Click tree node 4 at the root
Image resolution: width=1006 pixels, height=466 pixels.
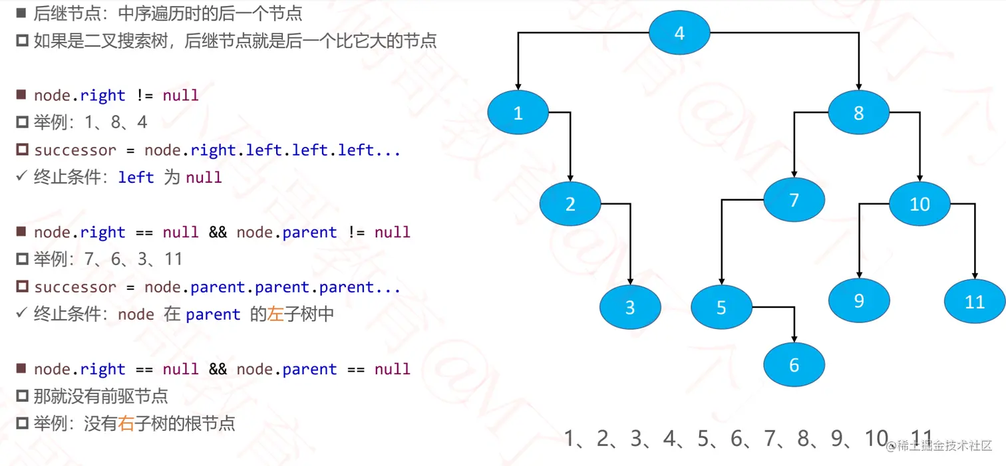(x=679, y=33)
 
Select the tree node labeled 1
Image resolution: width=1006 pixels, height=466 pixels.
(x=518, y=113)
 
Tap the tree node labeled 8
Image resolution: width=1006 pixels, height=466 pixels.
(x=858, y=112)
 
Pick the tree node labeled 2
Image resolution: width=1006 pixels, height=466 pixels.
(x=570, y=203)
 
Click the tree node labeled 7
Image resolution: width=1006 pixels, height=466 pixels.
(x=794, y=199)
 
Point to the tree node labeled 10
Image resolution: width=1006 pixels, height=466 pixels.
(x=920, y=203)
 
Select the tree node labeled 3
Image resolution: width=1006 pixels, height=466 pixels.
(x=629, y=307)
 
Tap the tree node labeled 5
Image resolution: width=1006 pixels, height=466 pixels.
(x=721, y=307)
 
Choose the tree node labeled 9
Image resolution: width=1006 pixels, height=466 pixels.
(x=858, y=300)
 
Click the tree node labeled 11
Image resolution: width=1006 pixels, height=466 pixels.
(x=974, y=302)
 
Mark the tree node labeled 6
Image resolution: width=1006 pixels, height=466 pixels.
(x=794, y=364)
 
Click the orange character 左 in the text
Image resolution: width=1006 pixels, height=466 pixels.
(x=275, y=314)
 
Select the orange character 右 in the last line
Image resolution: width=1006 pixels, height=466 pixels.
(x=126, y=423)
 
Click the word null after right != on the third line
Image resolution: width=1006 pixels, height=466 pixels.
(x=181, y=96)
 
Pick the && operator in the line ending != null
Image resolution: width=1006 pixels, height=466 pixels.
(x=218, y=233)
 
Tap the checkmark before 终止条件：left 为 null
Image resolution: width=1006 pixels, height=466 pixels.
(x=21, y=177)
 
